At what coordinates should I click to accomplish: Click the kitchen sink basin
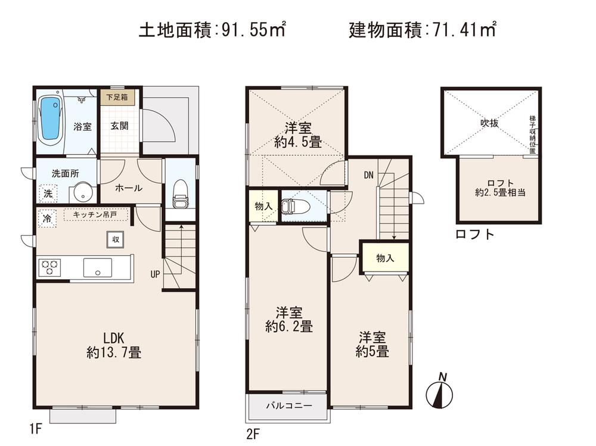pyautogui.click(x=97, y=267)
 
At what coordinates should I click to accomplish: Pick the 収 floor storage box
pyautogui.click(x=115, y=239)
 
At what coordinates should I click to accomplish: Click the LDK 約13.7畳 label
pyautogui.click(x=113, y=344)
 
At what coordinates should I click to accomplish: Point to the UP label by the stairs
pyautogui.click(x=155, y=275)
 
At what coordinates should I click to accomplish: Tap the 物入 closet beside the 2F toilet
pyautogui.click(x=262, y=206)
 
